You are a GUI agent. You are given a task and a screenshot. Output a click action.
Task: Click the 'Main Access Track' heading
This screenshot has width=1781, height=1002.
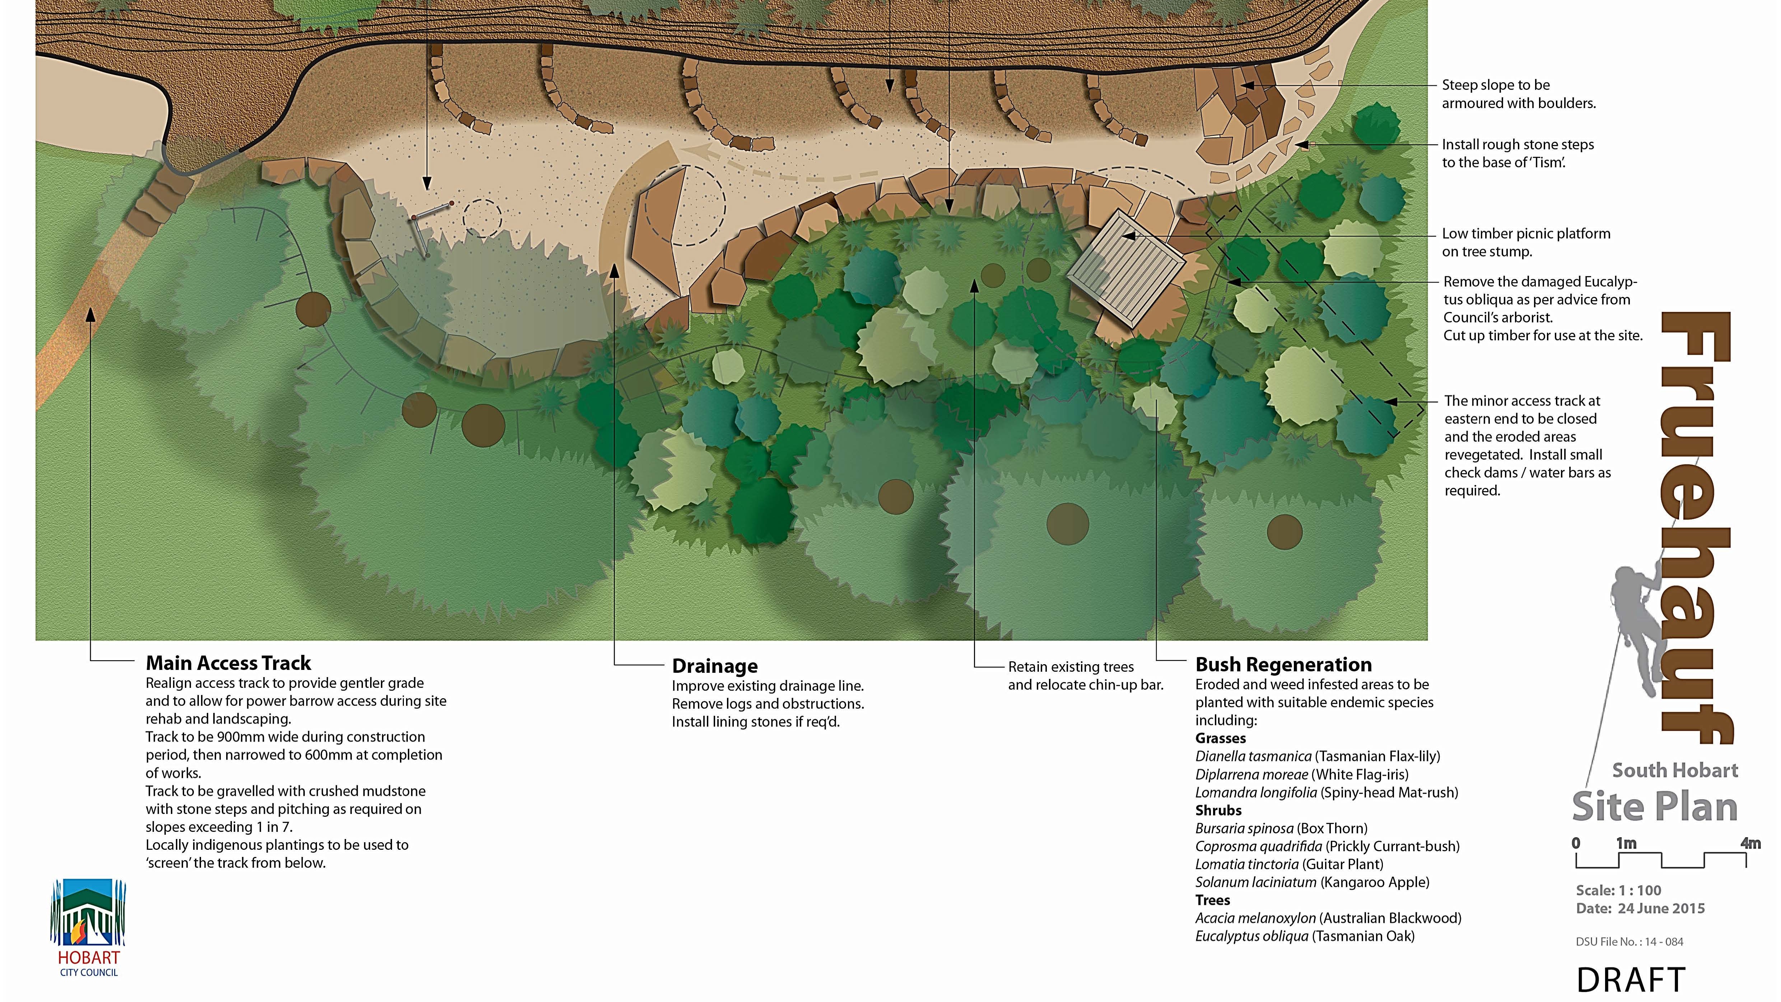[228, 663]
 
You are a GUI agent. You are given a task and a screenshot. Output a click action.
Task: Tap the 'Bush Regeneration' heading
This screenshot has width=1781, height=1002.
[1283, 665]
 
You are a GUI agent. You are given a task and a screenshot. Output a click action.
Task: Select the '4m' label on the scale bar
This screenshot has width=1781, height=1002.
[1750, 843]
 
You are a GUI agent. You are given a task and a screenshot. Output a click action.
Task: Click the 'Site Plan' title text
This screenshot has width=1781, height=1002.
[1655, 807]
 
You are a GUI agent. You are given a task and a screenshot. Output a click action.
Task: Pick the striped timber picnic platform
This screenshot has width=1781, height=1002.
[1125, 268]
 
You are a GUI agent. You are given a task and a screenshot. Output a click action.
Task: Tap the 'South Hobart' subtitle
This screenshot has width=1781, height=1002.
[1674, 770]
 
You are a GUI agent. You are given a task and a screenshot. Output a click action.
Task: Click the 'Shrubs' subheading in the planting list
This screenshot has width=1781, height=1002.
[1218, 810]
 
